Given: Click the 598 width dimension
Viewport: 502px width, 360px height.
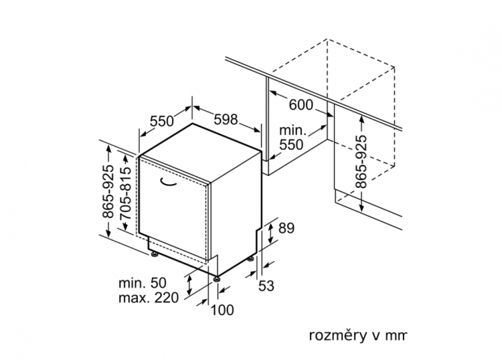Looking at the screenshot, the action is coord(226,119).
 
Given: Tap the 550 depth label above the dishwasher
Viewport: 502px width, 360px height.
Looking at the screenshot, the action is coord(162,121).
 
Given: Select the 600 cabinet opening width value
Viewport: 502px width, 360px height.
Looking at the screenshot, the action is coord(301,104).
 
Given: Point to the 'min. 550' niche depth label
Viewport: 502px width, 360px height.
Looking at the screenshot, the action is coord(292,138).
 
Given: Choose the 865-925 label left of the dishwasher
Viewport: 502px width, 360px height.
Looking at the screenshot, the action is coord(108,191).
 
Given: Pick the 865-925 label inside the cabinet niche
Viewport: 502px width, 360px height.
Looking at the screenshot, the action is coord(361,162).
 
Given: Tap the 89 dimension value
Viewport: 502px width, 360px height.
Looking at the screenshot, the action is coord(286,228).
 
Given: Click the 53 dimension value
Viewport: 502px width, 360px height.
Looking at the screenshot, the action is coord(266,286).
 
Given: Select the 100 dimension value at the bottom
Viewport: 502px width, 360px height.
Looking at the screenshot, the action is coord(222,310).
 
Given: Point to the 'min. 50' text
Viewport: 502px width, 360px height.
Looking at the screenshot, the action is coord(143,283).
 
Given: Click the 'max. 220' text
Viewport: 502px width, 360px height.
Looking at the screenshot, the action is coord(149,298).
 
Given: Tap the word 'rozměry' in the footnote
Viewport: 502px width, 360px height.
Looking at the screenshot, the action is coord(338,336).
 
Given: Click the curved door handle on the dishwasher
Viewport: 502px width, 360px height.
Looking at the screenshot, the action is coord(168,182).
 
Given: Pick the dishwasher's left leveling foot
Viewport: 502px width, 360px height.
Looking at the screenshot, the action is coord(155,254).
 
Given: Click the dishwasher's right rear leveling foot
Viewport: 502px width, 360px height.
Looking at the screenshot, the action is coord(251,258).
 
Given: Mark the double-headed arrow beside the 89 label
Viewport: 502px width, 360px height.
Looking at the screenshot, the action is coord(271,233).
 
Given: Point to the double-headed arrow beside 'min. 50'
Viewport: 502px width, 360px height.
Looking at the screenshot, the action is coord(189,285).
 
